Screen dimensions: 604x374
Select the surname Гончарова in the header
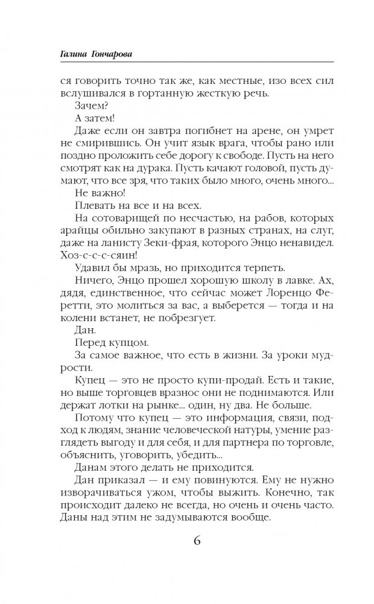point(110,54)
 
